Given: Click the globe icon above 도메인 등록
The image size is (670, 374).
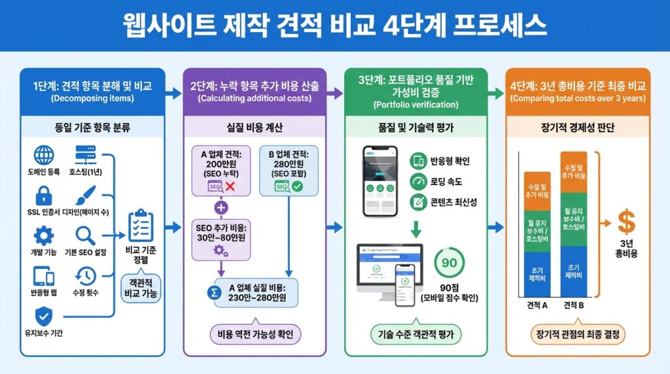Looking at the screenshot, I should pyautogui.click(x=44, y=156).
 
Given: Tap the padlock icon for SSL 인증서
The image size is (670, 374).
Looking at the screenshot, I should pyautogui.click(x=44, y=195).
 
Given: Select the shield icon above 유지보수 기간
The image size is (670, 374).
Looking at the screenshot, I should pyautogui.click(x=44, y=316).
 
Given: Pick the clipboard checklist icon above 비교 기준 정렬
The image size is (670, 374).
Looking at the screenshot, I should pyautogui.click(x=140, y=226).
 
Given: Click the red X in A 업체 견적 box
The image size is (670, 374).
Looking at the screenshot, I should pyautogui.click(x=230, y=186).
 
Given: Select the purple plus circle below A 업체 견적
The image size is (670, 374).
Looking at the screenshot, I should pyautogui.click(x=220, y=208).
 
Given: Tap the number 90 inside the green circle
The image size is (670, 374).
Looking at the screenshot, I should pyautogui.click(x=450, y=262).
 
